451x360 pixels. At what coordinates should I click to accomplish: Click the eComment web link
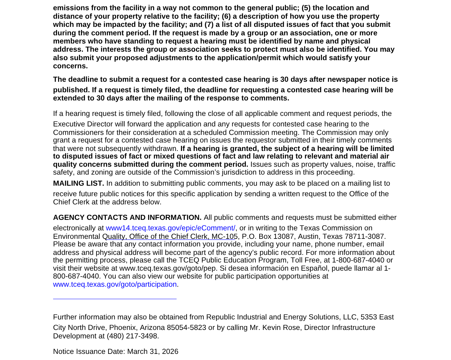(170, 228)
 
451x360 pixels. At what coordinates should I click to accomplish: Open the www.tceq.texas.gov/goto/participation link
(115, 284)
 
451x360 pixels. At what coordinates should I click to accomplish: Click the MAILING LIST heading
(79, 183)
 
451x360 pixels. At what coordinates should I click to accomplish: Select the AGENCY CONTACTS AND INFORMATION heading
(127, 218)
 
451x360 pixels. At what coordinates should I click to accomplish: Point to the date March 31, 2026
(153, 352)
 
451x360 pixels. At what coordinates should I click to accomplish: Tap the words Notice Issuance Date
(89, 352)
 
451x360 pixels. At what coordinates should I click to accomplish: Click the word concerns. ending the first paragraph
(70, 66)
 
